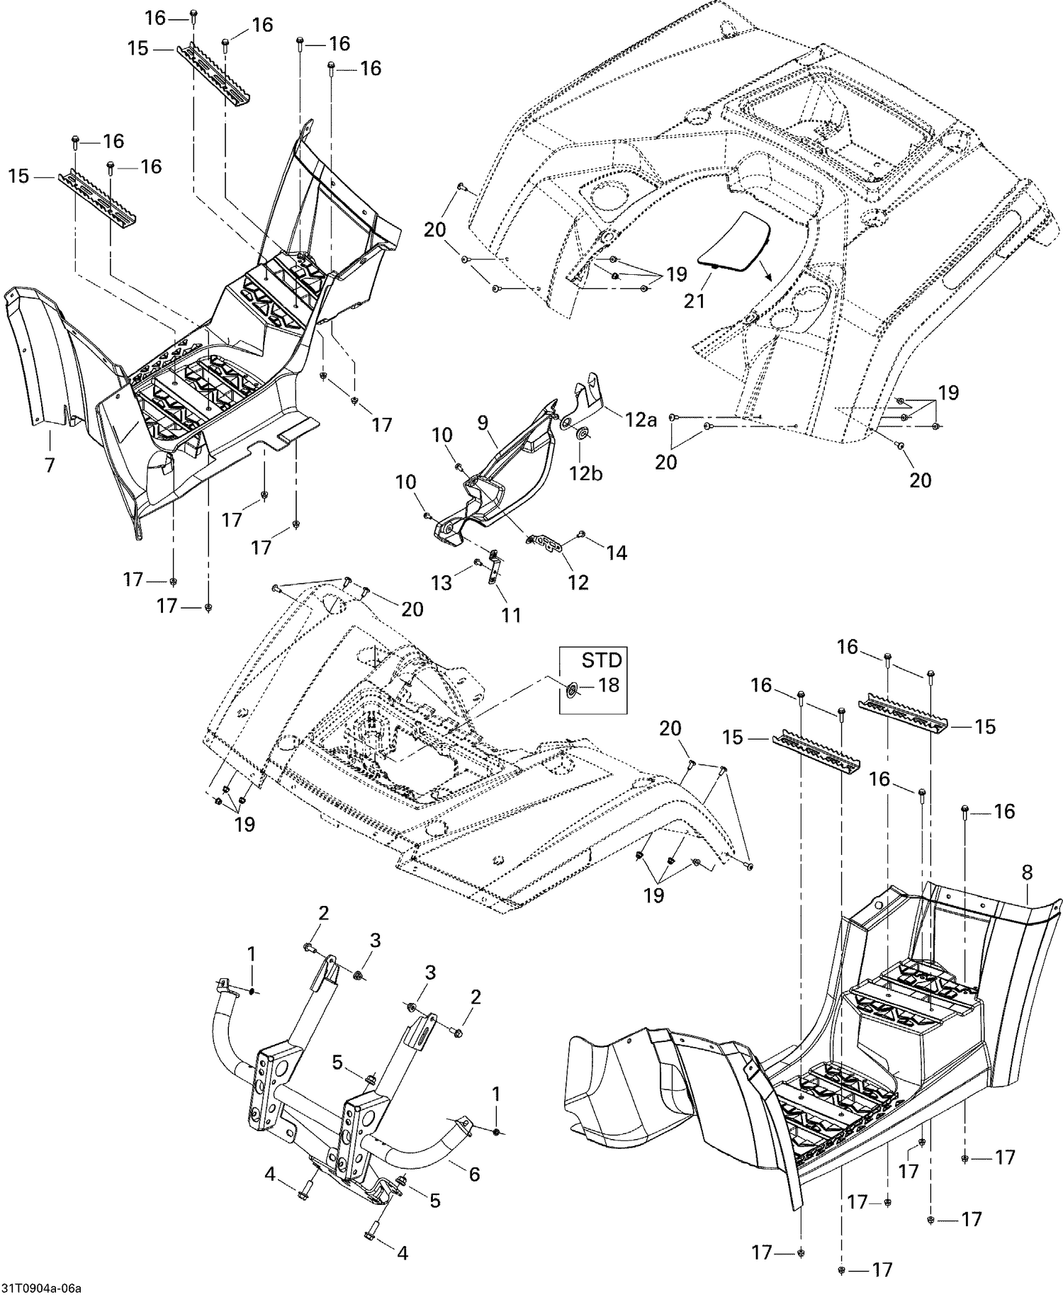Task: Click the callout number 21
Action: pyautogui.click(x=694, y=300)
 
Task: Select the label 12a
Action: pyautogui.click(x=641, y=420)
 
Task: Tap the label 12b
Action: pyautogui.click(x=587, y=472)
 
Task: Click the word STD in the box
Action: pyautogui.click(x=602, y=660)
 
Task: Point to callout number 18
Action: pyautogui.click(x=608, y=685)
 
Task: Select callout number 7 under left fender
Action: pyautogui.click(x=50, y=465)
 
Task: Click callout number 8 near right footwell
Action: pyautogui.click(x=1028, y=874)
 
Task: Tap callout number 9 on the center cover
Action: pyautogui.click(x=483, y=423)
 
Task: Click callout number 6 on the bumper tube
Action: pyautogui.click(x=474, y=1174)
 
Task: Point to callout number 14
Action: pyautogui.click(x=617, y=553)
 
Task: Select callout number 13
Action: pyautogui.click(x=441, y=582)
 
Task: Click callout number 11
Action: pyautogui.click(x=511, y=615)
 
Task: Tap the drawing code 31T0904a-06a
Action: pyautogui.click(x=41, y=1288)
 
